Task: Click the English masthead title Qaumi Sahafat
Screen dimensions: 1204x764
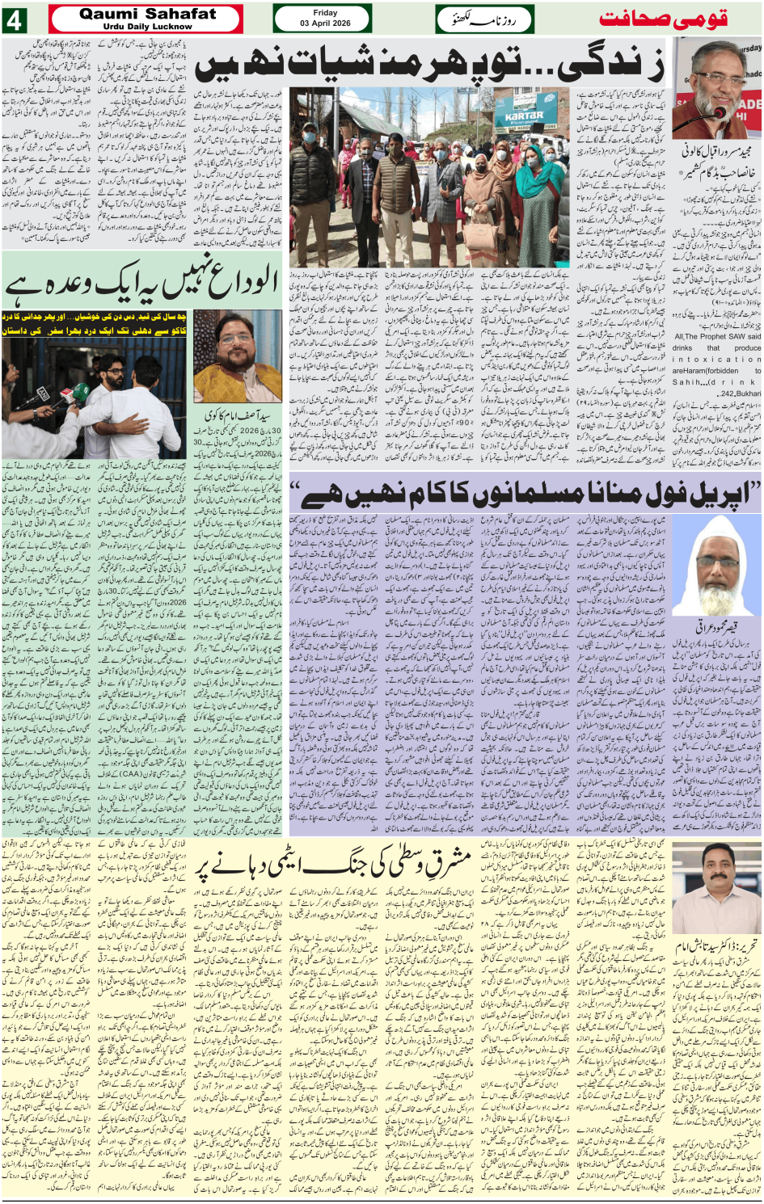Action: (147, 14)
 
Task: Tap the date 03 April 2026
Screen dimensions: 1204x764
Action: (325, 23)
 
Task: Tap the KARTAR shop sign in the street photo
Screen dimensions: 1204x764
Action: (524, 118)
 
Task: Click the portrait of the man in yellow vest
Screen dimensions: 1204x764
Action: (238, 357)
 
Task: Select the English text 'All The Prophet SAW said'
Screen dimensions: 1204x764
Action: (716, 336)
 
